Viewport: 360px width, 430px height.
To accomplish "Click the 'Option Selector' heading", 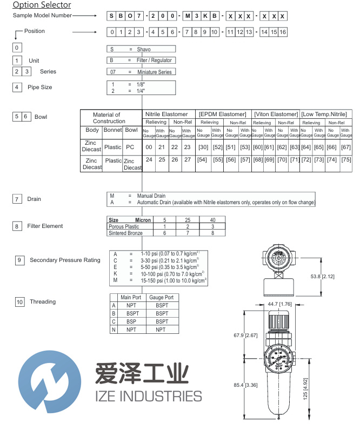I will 42,5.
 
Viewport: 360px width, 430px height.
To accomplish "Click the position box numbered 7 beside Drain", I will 18,199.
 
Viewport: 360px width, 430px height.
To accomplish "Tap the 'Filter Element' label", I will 45,226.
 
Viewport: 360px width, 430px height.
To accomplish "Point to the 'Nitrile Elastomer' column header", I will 166,115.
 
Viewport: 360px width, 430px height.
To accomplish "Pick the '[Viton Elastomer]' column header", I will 276,115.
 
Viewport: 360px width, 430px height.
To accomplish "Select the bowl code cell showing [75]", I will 346,160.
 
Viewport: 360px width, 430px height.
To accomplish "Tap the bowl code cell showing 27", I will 186,160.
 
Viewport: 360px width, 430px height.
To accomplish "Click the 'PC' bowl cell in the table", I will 131,146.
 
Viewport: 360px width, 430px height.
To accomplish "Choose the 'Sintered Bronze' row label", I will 125,233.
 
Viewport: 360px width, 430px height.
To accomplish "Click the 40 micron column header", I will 213,220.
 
